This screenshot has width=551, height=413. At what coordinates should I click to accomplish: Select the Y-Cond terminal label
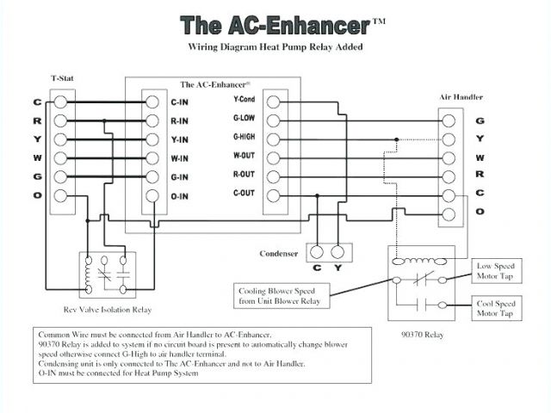(244, 100)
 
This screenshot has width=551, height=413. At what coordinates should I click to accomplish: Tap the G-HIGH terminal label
(245, 137)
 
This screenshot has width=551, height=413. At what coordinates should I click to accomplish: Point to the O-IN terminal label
(181, 196)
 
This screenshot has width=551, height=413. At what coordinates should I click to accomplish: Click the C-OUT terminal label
(244, 194)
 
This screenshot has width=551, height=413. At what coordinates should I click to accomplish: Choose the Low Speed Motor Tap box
(495, 272)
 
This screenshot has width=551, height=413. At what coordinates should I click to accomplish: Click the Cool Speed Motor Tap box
(495, 309)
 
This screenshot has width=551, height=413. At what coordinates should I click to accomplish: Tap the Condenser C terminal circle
(316, 252)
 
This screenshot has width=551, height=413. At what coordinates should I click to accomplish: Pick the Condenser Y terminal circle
(338, 252)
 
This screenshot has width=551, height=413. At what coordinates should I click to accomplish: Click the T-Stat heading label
(63, 76)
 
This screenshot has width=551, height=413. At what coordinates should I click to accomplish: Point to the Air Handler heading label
(461, 97)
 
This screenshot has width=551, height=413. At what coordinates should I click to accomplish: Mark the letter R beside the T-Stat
(37, 120)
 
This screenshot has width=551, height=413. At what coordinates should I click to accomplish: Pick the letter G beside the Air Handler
(480, 120)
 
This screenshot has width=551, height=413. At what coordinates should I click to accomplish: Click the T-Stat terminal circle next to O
(60, 196)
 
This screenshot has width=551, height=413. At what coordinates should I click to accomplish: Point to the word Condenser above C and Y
(279, 253)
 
